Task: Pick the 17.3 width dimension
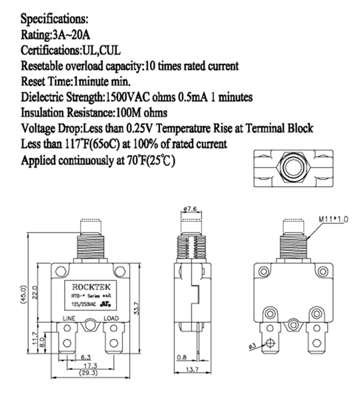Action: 86,366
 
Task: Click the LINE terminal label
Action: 69,319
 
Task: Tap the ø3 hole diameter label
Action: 251,345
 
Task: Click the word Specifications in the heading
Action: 54,20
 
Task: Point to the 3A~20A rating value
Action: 70,35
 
